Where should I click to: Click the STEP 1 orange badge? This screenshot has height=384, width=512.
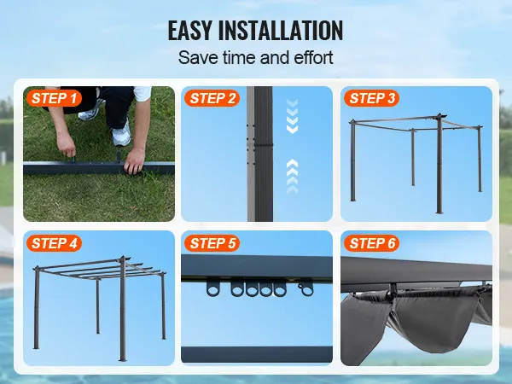click(54, 98)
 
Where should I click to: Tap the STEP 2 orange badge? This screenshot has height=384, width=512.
click(212, 98)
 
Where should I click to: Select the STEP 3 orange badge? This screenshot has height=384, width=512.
click(371, 98)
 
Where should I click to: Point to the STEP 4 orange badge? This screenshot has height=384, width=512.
click(54, 243)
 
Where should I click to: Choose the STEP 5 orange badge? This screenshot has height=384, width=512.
click(212, 243)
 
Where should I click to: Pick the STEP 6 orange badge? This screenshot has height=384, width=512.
click(371, 243)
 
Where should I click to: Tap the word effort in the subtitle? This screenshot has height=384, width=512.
click(313, 57)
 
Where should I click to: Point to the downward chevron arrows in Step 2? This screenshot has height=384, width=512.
click(292, 116)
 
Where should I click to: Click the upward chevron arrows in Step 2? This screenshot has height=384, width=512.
click(292, 177)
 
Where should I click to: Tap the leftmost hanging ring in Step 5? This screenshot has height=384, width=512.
click(213, 289)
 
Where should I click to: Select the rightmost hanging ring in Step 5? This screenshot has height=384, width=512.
click(305, 288)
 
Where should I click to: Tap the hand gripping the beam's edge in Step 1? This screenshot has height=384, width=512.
click(134, 160)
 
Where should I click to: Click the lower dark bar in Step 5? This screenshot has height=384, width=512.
click(257, 354)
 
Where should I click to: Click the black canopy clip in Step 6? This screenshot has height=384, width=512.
click(393, 291)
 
